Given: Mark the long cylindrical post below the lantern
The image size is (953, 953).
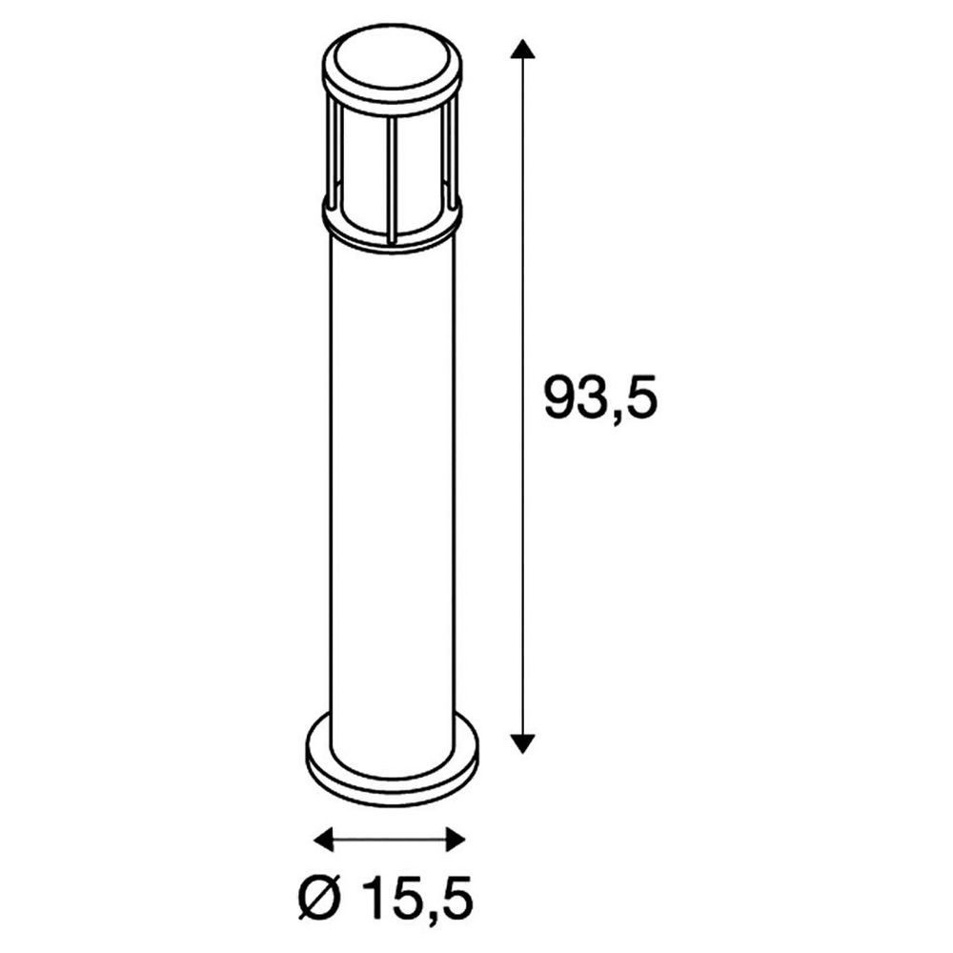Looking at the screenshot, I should [x=392, y=476].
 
